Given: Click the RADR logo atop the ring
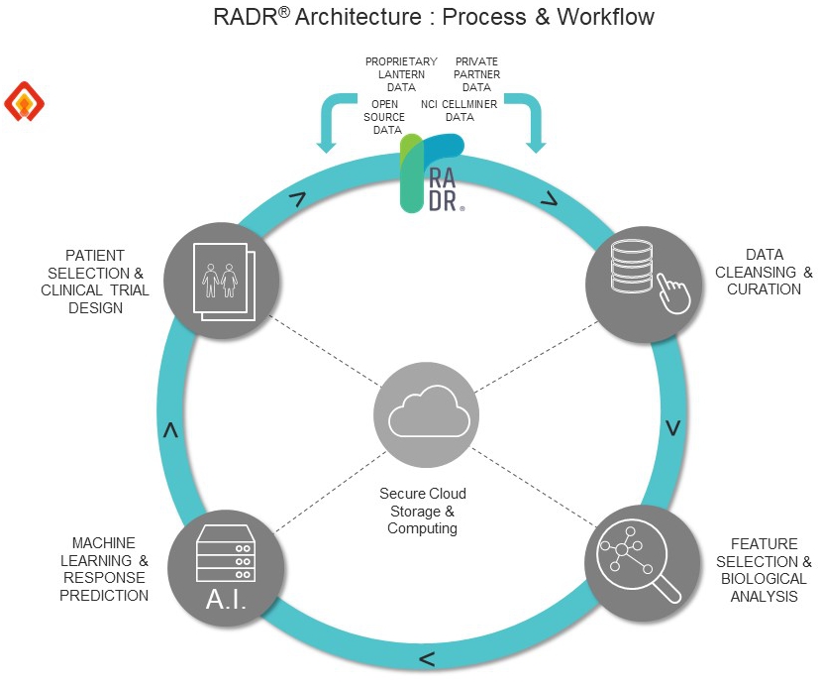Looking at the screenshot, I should pyautogui.click(x=431, y=174).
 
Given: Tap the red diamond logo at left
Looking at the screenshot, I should pyautogui.click(x=26, y=101).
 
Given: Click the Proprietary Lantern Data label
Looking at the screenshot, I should pyautogui.click(x=401, y=74).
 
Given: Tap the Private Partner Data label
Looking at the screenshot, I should pyautogui.click(x=476, y=74).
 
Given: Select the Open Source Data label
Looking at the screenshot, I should pyautogui.click(x=387, y=116).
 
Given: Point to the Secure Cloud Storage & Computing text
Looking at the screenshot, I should pyautogui.click(x=422, y=511).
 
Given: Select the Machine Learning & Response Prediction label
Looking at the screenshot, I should pyautogui.click(x=104, y=569).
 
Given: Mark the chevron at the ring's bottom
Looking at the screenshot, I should pyautogui.click(x=426, y=658).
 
